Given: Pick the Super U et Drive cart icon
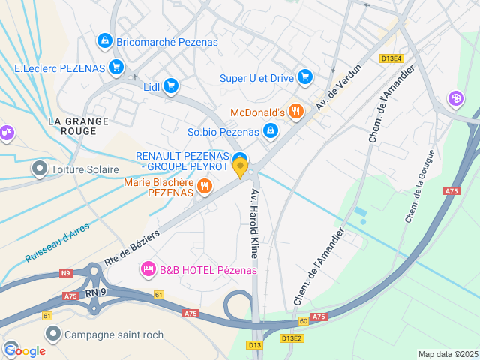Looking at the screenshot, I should (x=304, y=77).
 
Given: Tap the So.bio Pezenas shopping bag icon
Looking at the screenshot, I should (x=270, y=133).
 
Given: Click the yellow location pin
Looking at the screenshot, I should (x=240, y=169).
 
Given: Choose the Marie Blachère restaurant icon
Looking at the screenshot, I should (x=204, y=186).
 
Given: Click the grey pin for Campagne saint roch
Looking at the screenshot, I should (x=53, y=334).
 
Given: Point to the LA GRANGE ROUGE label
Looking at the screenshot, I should (x=77, y=126).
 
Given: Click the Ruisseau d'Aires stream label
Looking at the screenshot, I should (x=57, y=243).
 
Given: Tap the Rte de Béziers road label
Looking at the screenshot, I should (x=132, y=246).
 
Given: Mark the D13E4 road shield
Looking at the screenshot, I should (x=391, y=58).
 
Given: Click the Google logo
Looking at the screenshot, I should (x=25, y=350).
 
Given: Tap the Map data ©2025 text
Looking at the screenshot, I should (x=447, y=354).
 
